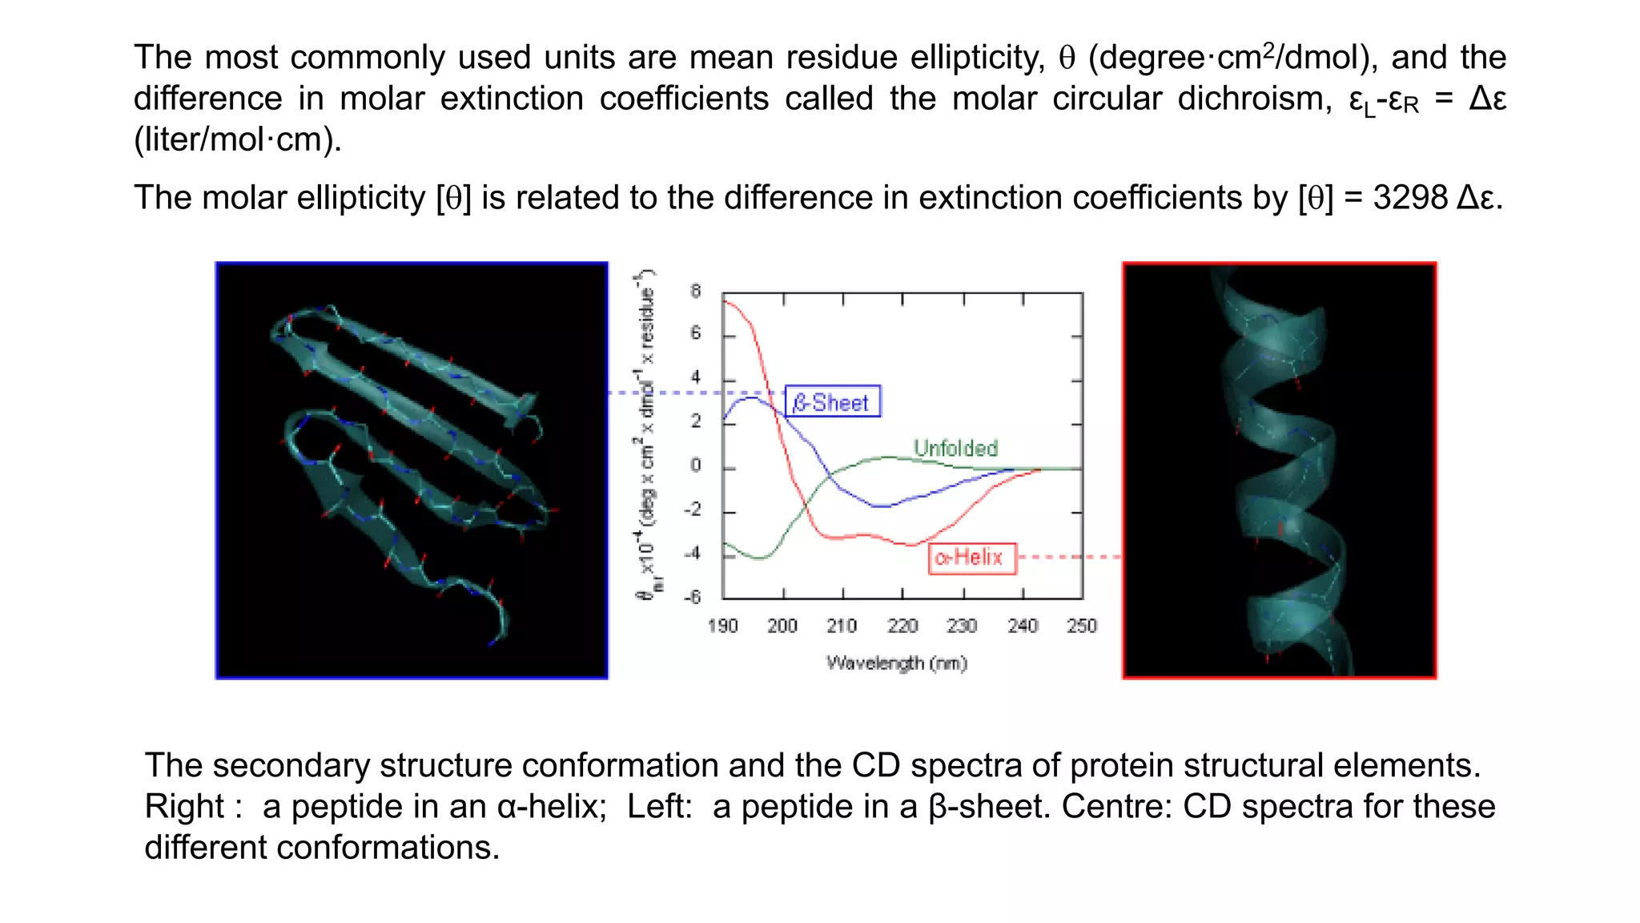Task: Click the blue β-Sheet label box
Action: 832,401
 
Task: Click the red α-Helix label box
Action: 971,557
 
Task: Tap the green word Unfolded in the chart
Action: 955,448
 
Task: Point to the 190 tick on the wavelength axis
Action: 722,626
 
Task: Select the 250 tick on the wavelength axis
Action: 1081,626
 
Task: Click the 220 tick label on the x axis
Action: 902,626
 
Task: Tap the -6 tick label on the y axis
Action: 692,597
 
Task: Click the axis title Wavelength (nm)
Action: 896,663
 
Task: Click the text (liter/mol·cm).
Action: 238,139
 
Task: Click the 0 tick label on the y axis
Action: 695,466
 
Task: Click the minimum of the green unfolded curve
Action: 759,558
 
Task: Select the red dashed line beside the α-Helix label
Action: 1067,556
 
